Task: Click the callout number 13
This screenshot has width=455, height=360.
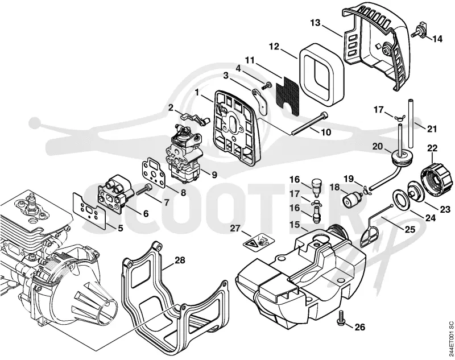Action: (315, 22)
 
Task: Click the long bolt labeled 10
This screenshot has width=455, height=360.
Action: (309, 123)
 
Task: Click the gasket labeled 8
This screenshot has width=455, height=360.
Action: (153, 172)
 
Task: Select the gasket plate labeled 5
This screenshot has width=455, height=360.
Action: (89, 209)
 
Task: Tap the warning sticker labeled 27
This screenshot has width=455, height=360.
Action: (259, 241)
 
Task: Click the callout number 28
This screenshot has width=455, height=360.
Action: (180, 260)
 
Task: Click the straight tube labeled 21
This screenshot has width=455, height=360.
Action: (411, 123)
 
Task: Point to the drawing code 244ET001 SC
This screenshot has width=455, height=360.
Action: (450, 339)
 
